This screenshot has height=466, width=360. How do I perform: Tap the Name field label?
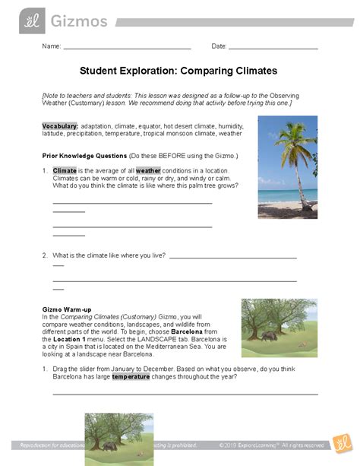pyautogui.click(x=51, y=46)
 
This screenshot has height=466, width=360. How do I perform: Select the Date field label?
pyautogui.click(x=219, y=46)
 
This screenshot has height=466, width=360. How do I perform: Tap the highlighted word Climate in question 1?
pyautogui.click(x=65, y=170)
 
